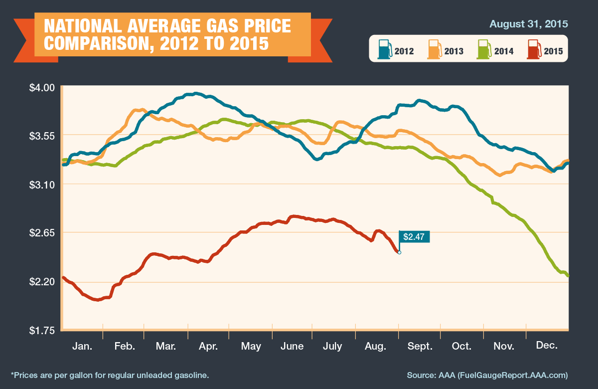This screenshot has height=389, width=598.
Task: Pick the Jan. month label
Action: (82, 346)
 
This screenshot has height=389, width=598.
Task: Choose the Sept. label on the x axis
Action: (420, 346)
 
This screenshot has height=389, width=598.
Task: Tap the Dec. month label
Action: (547, 345)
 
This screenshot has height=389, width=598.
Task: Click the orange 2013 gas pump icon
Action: (435, 49)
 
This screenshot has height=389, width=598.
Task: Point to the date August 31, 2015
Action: (529, 24)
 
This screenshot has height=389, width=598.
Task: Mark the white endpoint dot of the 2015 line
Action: (399, 252)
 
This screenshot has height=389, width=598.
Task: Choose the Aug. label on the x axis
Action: (376, 346)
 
